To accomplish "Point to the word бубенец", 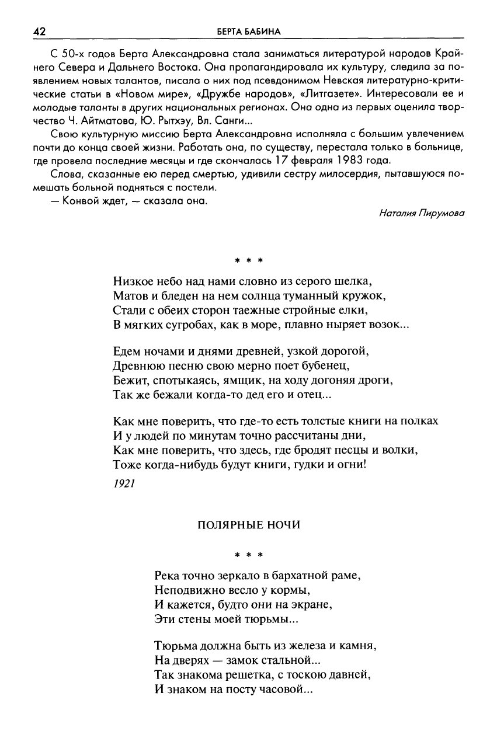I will pos(326,367).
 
